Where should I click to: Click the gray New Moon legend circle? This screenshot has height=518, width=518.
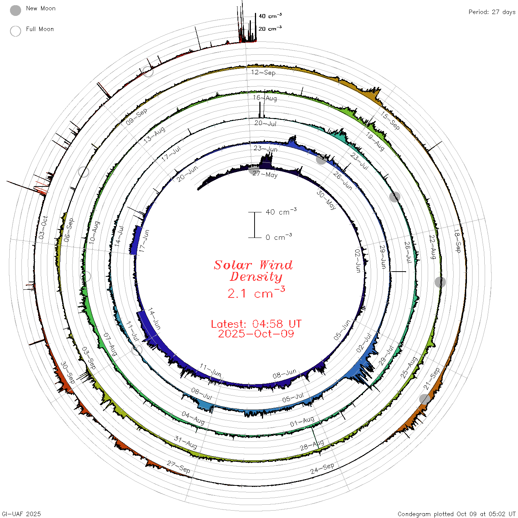pos(16,10)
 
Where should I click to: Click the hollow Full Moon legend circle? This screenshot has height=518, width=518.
pos(16,31)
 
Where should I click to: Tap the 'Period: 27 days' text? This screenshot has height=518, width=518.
pos(492,12)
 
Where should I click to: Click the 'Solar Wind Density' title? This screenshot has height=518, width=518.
pos(253,271)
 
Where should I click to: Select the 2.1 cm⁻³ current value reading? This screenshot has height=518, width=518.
pos(256,293)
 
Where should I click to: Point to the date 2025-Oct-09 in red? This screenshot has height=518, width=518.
pos(256,334)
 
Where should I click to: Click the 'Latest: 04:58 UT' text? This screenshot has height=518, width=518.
pos(256,324)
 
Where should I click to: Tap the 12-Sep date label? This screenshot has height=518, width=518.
pos(263,73)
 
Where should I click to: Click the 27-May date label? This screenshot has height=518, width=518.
pos(265,174)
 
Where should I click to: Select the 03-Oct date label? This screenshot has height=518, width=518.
pos(43,227)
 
